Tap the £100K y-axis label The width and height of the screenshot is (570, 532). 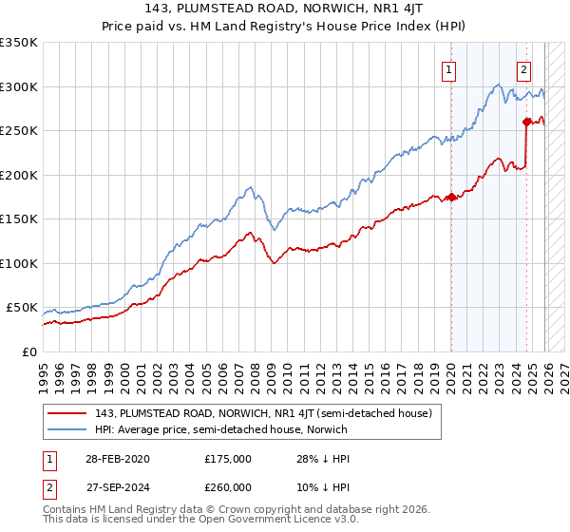click(x=19, y=263)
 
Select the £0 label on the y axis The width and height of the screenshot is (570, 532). click(x=29, y=351)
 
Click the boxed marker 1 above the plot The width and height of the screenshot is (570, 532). click(x=448, y=68)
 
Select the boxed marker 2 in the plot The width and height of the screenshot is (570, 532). click(x=523, y=68)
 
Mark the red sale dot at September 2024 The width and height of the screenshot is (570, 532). click(x=526, y=122)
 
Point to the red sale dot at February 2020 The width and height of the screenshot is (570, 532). click(x=451, y=197)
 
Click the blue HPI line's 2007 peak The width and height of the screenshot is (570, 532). click(x=249, y=188)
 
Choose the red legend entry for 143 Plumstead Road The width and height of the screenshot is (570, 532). click(x=263, y=413)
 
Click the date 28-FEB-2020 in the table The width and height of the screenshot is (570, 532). click(x=117, y=459)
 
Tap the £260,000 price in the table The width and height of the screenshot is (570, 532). click(x=227, y=485)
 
